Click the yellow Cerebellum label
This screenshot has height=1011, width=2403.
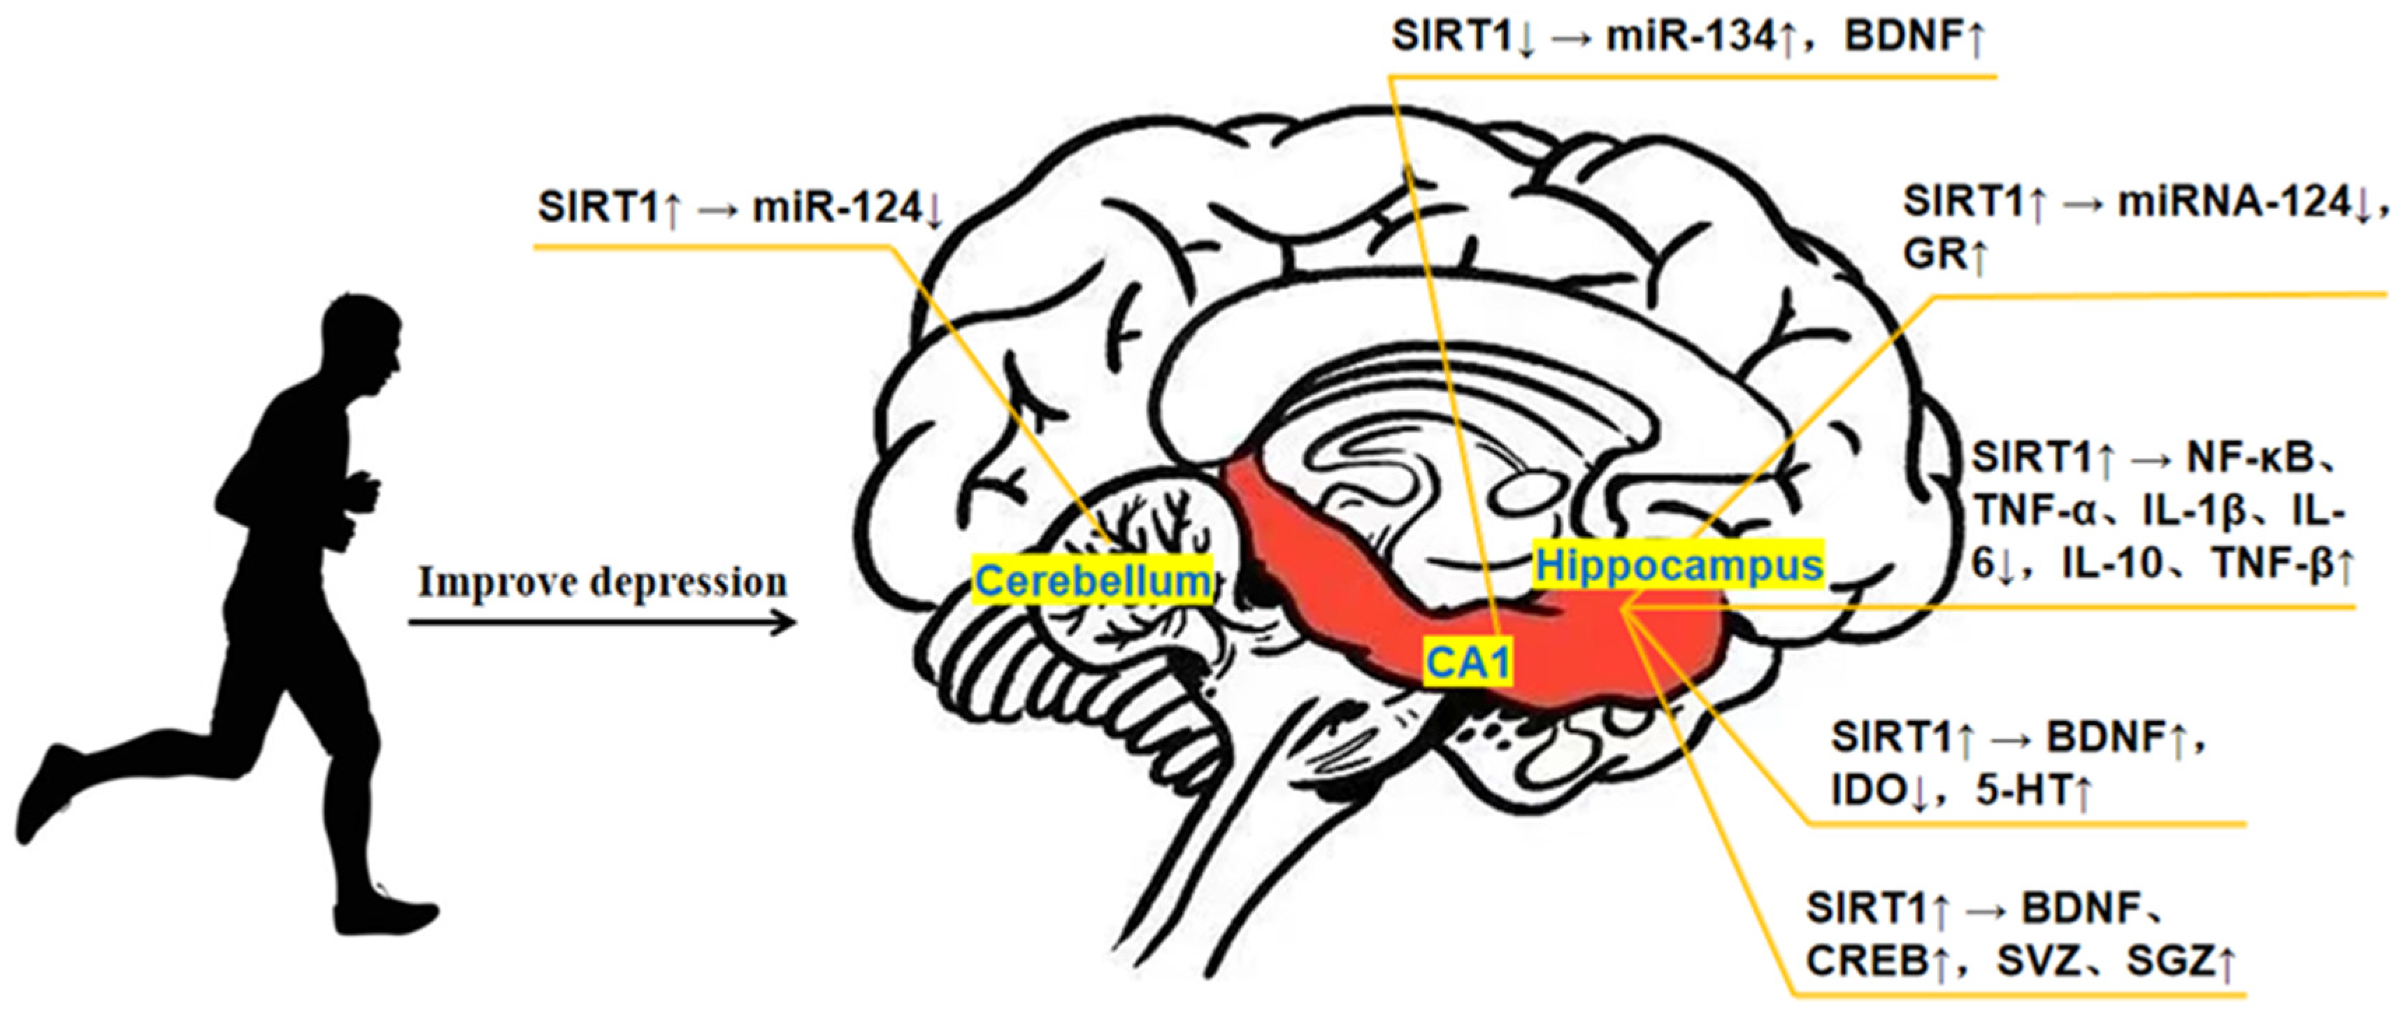click(1092, 581)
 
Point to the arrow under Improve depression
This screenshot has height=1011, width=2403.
click(602, 622)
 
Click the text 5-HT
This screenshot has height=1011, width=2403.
click(2020, 791)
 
